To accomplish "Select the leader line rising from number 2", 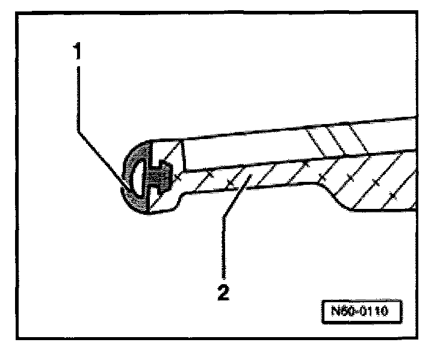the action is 226,223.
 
